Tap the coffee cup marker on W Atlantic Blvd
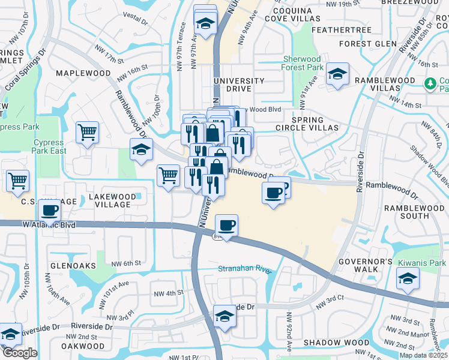pos(226,226)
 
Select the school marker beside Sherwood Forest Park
pos(338,75)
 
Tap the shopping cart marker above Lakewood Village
pos(168,175)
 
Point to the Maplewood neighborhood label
pos(83,73)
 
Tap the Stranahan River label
pos(245,269)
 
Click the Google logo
pos(20,353)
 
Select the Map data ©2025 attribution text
pos(423,355)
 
